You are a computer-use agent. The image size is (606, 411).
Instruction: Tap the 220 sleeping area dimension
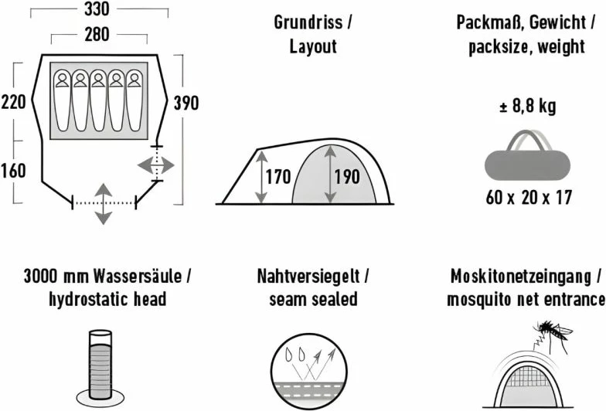(15, 103)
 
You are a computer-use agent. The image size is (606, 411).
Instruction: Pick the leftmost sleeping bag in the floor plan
(61, 101)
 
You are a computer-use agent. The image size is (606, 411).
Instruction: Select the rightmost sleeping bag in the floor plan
(134, 101)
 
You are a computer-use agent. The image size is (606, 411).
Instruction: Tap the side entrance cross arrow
(157, 165)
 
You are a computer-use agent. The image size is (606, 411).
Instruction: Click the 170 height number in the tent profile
(278, 177)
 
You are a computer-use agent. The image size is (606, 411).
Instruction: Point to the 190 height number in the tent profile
(346, 177)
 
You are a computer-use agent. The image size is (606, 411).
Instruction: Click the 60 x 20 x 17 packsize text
(529, 197)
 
